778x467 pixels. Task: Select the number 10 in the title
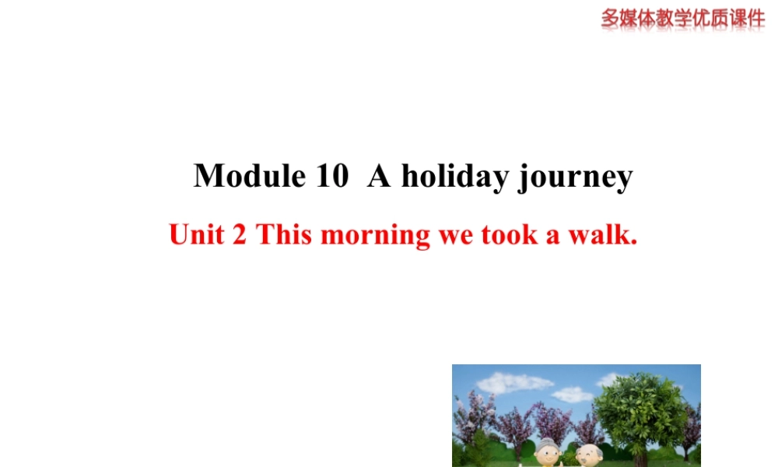point(332,176)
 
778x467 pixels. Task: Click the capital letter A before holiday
point(379,176)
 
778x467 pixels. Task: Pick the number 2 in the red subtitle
point(240,234)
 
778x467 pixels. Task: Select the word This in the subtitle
point(284,234)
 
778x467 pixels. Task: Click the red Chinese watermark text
point(682,18)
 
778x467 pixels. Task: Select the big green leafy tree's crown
point(640,406)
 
